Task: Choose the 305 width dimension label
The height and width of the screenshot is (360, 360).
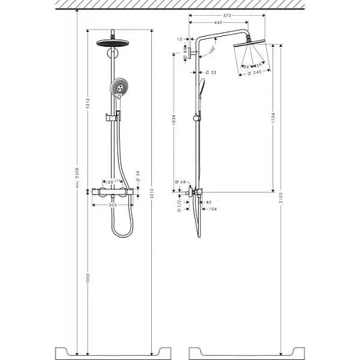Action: click(x=115, y=204)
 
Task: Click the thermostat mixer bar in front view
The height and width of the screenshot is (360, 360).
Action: click(x=115, y=192)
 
